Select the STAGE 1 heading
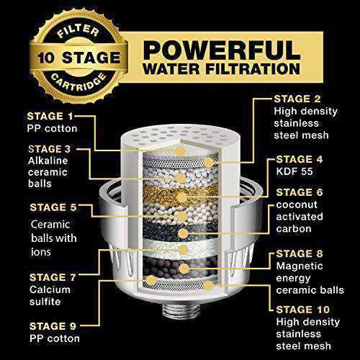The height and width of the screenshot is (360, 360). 45,114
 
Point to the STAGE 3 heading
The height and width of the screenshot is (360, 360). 45,149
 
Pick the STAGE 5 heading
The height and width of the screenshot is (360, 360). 45,207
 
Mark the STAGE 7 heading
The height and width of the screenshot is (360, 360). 45,276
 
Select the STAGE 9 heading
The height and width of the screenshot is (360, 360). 45,323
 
